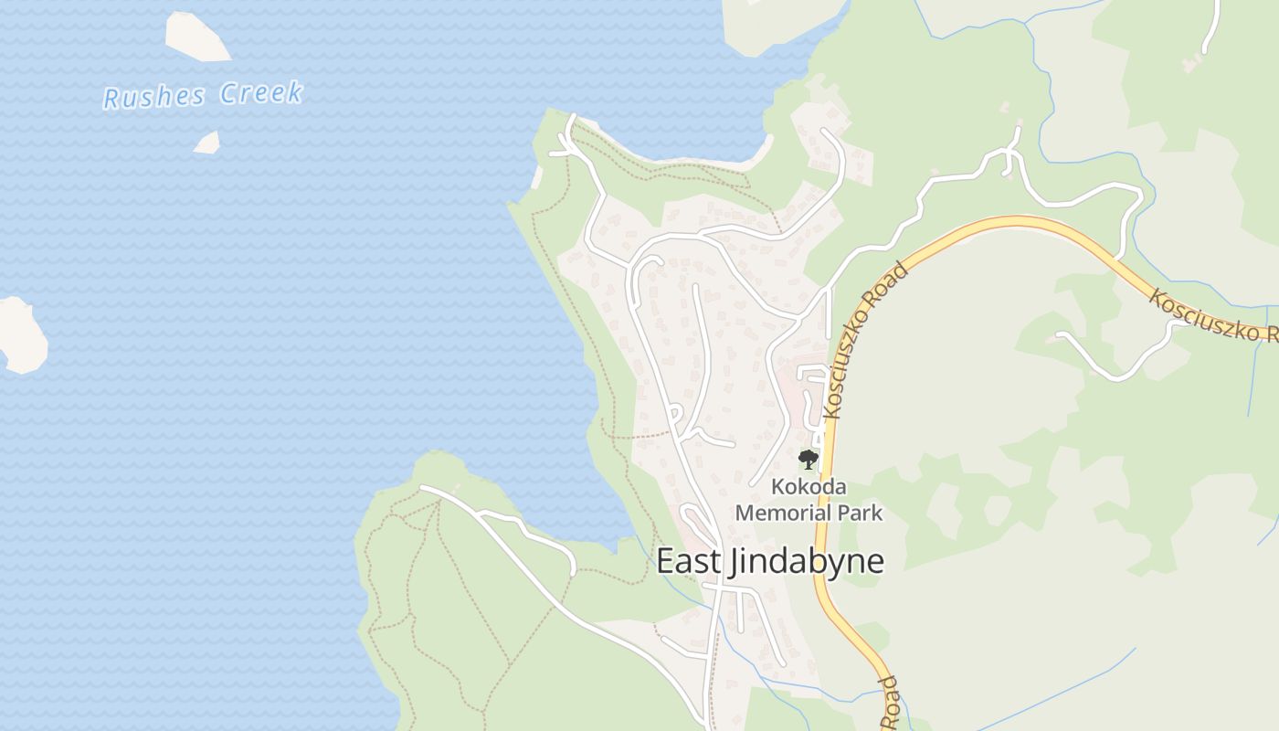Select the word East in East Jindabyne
pos(688,561)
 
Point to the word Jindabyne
pos(805,561)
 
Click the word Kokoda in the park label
pos(809,487)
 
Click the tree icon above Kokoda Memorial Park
pos(807,460)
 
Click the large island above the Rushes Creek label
pos(196,37)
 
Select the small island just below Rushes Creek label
pos(207,143)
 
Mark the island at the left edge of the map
pos(22,335)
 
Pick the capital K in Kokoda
pos(777,487)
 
